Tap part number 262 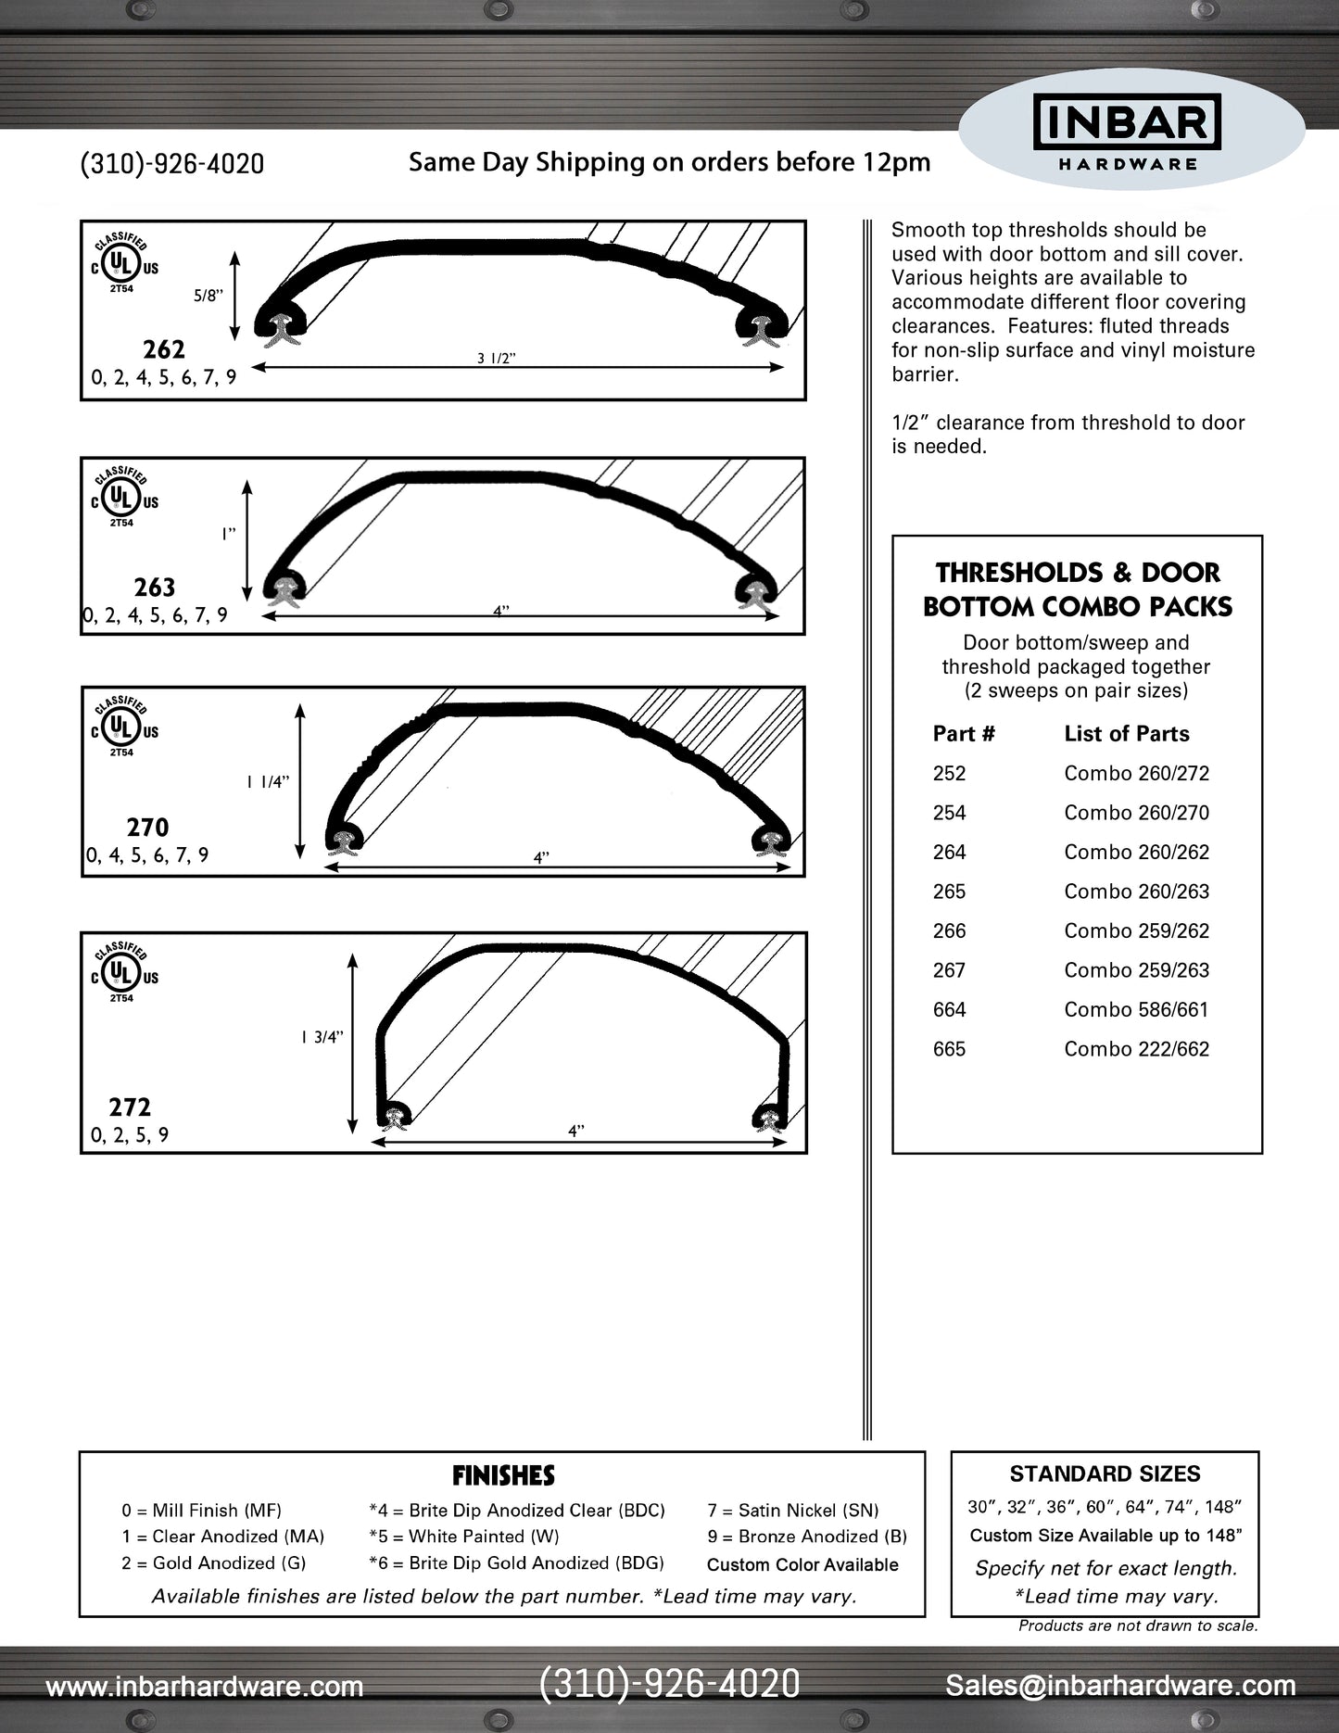tap(164, 349)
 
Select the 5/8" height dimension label tap(208, 296)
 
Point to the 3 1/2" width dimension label tap(496, 359)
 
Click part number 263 tap(154, 588)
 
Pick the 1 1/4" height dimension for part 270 tap(268, 782)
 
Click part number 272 tap(130, 1107)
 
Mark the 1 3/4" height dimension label tap(322, 1037)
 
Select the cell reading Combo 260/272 tap(1136, 773)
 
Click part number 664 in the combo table tap(949, 1009)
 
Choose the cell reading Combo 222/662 tap(1136, 1049)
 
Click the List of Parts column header tap(1126, 734)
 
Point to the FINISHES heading tap(503, 1475)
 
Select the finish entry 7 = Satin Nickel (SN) tap(792, 1511)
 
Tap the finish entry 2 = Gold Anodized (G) tap(213, 1562)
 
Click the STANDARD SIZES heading tap(1105, 1474)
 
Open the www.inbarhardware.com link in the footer tap(204, 1687)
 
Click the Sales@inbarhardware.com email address tap(1120, 1686)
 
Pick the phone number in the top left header tap(172, 164)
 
